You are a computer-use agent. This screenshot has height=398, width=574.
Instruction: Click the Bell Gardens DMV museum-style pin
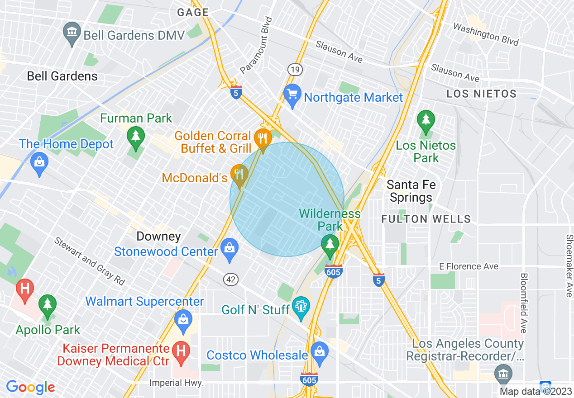coord(72,33)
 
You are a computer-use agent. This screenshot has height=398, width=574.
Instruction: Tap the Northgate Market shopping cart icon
coord(292,95)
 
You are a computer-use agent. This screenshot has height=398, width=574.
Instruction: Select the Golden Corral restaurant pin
coord(262,137)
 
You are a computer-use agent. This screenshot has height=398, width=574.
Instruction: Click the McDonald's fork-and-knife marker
coord(239,175)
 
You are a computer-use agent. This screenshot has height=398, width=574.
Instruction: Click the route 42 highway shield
coord(231,280)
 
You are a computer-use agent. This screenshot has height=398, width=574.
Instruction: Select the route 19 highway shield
coord(295,69)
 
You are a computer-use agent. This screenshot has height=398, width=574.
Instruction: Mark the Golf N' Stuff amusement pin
coord(301,307)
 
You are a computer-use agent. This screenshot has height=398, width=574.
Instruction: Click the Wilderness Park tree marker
coord(330,245)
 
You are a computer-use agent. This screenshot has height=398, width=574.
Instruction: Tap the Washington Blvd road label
coord(486,35)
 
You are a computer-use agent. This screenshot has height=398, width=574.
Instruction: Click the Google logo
coord(30,387)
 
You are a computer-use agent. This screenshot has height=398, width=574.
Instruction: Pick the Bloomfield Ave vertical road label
coord(524,303)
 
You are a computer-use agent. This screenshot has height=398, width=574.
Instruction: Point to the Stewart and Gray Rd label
coord(90,261)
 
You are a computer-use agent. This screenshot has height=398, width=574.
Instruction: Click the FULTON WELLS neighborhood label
coord(426,219)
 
